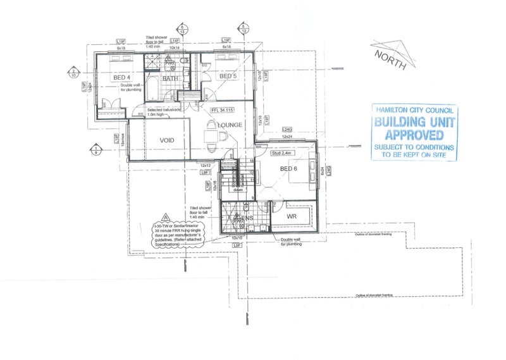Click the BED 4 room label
click(x=121, y=78)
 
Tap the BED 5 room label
click(x=228, y=77)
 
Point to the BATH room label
click(x=170, y=78)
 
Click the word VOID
click(x=166, y=140)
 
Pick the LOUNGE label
click(x=230, y=125)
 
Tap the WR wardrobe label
click(x=292, y=216)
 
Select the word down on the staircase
click(x=238, y=189)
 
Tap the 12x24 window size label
click(x=287, y=137)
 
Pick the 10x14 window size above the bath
click(x=174, y=47)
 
